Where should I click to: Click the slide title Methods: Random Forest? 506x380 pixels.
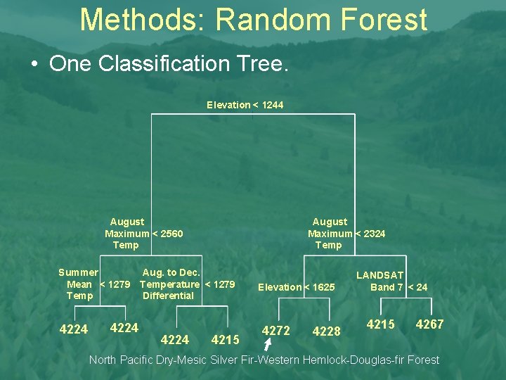pyautogui.click(x=253, y=20)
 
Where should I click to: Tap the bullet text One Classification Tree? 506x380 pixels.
pyautogui.click(x=169, y=64)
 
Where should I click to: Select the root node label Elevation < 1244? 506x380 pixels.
pyautogui.click(x=245, y=105)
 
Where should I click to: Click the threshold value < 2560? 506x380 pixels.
pyautogui.click(x=168, y=234)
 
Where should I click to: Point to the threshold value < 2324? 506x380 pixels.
pyautogui.click(x=370, y=234)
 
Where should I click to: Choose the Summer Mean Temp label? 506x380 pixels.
pyautogui.click(x=79, y=284)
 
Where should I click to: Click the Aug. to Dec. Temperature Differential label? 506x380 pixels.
pyautogui.click(x=169, y=284)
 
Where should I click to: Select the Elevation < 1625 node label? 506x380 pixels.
pyautogui.click(x=296, y=287)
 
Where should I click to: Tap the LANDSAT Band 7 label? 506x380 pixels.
pyautogui.click(x=380, y=281)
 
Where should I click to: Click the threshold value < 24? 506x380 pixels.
pyautogui.click(x=417, y=287)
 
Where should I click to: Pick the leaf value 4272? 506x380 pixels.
pyautogui.click(x=276, y=331)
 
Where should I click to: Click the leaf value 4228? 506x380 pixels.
pyautogui.click(x=326, y=331)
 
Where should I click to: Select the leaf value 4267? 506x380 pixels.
pyautogui.click(x=429, y=324)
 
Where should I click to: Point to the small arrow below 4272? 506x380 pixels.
pyautogui.click(x=267, y=345)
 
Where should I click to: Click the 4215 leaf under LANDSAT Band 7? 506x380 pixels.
pyautogui.click(x=381, y=324)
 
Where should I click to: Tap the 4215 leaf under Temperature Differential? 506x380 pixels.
pyautogui.click(x=226, y=340)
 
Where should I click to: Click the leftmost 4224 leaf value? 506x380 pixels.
pyautogui.click(x=74, y=329)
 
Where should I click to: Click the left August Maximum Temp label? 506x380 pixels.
pyautogui.click(x=126, y=233)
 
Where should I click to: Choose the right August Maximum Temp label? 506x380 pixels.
pyautogui.click(x=329, y=233)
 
